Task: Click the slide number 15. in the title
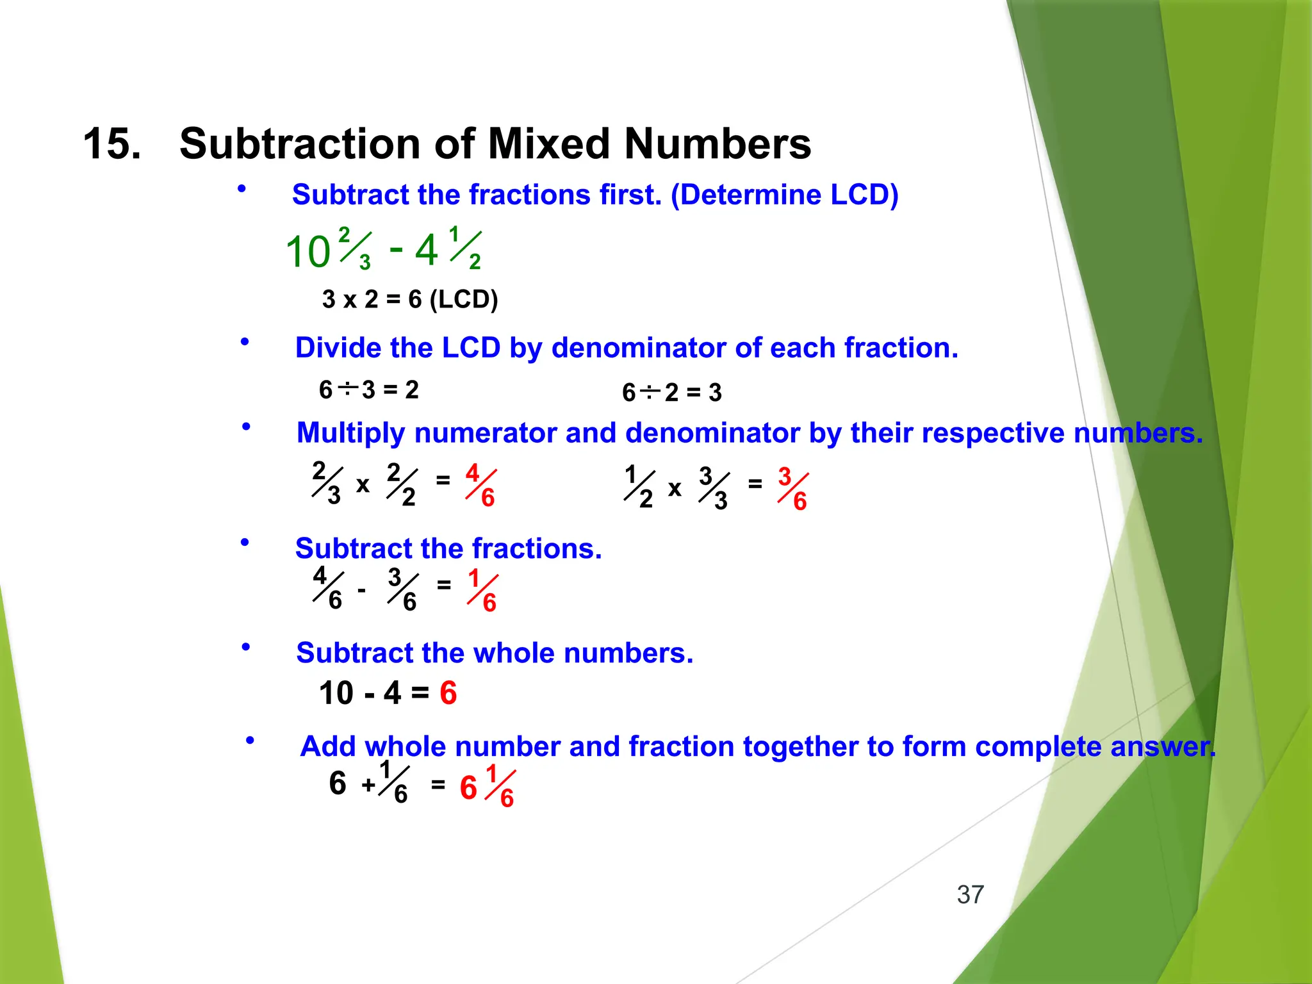click(x=112, y=143)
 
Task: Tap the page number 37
click(x=970, y=894)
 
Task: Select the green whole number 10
click(x=307, y=252)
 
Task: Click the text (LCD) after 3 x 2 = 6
click(x=463, y=299)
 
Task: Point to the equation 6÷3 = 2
click(x=369, y=389)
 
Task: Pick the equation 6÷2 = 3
click(x=671, y=392)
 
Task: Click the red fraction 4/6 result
click(x=480, y=485)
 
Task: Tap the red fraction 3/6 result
click(x=792, y=488)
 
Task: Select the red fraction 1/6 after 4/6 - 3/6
click(x=482, y=590)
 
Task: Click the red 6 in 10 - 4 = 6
click(x=448, y=693)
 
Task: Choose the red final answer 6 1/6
click(x=487, y=786)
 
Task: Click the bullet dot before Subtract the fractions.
click(x=245, y=543)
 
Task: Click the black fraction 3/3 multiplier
click(x=714, y=488)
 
